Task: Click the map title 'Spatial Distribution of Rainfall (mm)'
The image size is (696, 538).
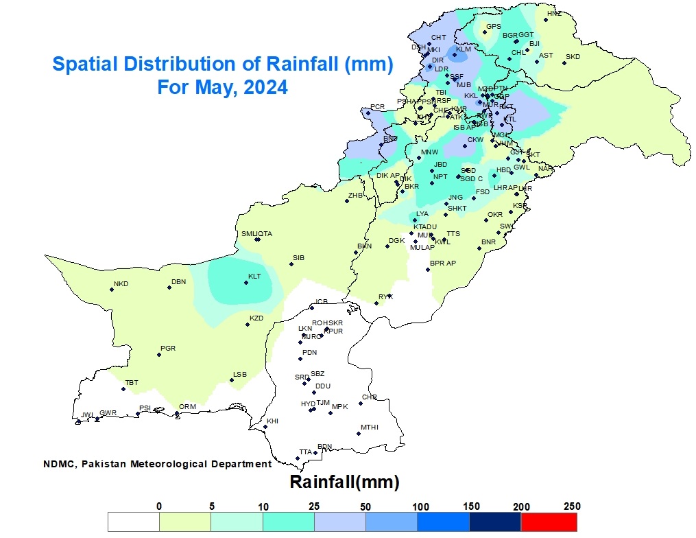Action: click(x=222, y=65)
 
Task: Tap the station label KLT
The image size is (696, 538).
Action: click(x=254, y=277)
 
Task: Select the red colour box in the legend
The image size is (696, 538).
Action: click(x=549, y=522)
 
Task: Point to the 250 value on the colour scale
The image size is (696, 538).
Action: click(x=572, y=506)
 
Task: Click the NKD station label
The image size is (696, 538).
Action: click(x=121, y=283)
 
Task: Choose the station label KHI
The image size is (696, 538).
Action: click(x=272, y=421)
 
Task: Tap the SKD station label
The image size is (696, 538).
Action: click(x=573, y=56)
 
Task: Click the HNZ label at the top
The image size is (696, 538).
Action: click(x=553, y=14)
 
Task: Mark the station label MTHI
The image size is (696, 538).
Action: click(x=369, y=427)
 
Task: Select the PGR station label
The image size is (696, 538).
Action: click(x=167, y=349)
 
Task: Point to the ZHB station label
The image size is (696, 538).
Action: click(x=355, y=195)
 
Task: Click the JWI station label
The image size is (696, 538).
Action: click(x=86, y=414)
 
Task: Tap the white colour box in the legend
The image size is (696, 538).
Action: click(x=134, y=522)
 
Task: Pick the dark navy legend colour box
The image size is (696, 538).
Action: click(x=495, y=522)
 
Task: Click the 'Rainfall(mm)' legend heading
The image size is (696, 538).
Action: click(x=344, y=482)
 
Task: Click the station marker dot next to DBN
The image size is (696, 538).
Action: click(x=169, y=288)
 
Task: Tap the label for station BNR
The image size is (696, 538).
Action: click(x=488, y=242)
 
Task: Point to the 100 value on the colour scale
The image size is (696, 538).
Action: click(x=418, y=506)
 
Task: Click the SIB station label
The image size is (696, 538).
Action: click(x=298, y=257)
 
